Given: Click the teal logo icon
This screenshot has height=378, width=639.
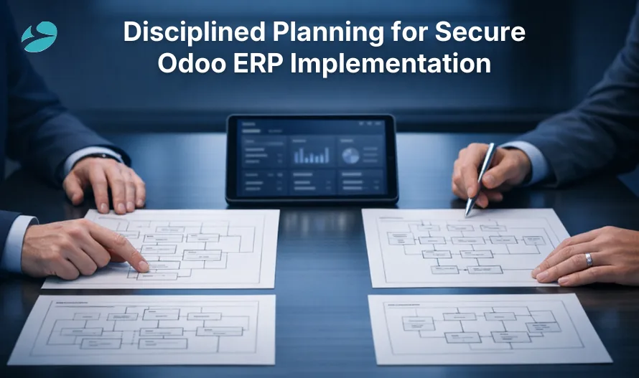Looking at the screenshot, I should click(x=39, y=37).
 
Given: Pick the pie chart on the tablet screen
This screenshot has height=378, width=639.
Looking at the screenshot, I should click(x=351, y=155).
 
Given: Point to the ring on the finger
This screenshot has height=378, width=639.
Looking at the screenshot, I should click(x=589, y=260).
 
